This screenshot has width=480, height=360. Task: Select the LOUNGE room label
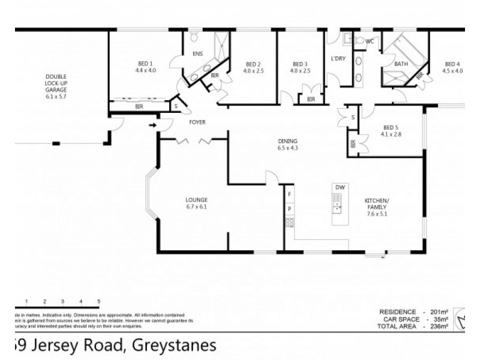(x=197, y=200)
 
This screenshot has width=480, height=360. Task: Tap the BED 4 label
(x=452, y=64)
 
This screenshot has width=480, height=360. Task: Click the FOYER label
(x=197, y=122)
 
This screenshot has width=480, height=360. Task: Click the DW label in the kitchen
(x=340, y=188)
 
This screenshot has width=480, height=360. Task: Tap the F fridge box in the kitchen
(x=290, y=194)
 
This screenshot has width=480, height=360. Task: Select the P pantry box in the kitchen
(x=290, y=209)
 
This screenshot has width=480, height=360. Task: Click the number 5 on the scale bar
(x=98, y=301)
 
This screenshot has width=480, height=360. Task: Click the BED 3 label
(x=300, y=64)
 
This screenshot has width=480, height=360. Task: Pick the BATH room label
(x=401, y=64)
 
